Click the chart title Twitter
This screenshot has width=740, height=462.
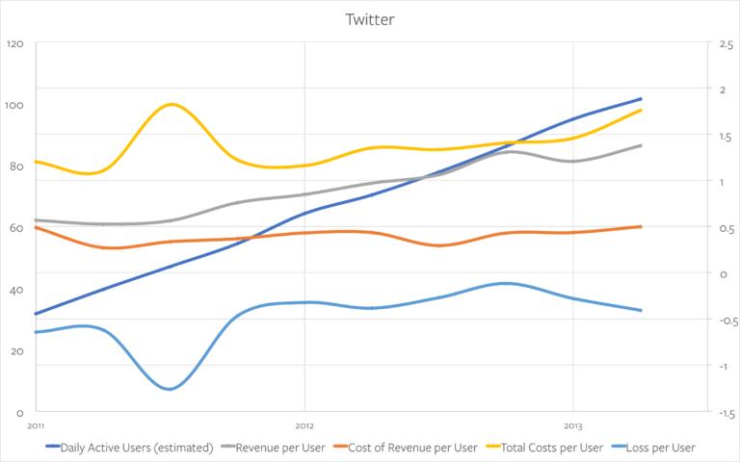point(370,19)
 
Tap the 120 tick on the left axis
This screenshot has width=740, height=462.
point(14,44)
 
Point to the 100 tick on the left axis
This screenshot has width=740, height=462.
point(13,105)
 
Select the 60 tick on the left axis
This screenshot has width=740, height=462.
point(15,228)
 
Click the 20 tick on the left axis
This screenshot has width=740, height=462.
point(15,351)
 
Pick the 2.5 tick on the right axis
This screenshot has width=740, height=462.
point(727,45)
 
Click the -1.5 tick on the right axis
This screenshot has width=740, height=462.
point(726,414)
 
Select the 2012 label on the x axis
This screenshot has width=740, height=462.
point(304,426)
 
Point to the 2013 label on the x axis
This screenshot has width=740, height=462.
point(573,426)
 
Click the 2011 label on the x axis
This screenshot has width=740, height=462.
point(36,426)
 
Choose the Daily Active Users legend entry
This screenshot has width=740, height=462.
point(129,448)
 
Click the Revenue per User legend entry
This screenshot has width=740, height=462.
point(274,448)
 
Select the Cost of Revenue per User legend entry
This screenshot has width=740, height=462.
point(406,448)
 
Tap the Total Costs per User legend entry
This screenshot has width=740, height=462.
point(544,448)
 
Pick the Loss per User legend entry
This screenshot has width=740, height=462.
point(653,448)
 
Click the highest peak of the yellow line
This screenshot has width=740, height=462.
point(171,104)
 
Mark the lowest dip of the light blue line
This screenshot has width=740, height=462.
point(169,390)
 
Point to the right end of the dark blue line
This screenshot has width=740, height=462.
point(641,99)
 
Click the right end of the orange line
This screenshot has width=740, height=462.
point(641,227)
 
